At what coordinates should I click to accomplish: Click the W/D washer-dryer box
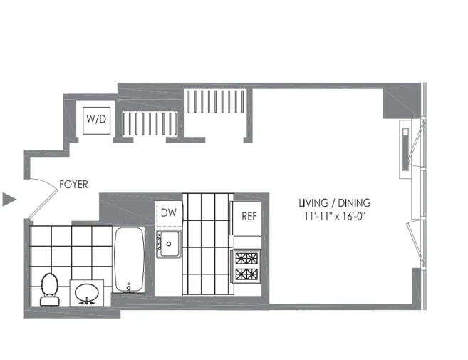tap(96, 120)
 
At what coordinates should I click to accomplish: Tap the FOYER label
tap(73, 185)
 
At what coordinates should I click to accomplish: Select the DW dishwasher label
tap(169, 212)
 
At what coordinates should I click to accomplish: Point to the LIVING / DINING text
tap(335, 203)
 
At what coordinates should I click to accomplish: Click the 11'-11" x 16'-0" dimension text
tap(335, 216)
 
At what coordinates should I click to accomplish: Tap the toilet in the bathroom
tap(50, 289)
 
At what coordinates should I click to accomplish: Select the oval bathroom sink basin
tap(87, 292)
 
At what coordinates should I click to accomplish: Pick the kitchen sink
tap(169, 244)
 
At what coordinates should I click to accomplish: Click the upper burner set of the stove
tap(246, 259)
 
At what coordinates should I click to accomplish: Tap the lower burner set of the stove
tap(246, 274)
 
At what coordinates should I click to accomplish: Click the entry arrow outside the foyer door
tap(9, 200)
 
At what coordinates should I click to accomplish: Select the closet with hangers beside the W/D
tap(150, 124)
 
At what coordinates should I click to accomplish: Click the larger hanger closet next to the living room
tap(216, 101)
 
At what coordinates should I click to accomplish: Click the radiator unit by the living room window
tap(405, 150)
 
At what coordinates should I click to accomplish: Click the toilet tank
tap(50, 301)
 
